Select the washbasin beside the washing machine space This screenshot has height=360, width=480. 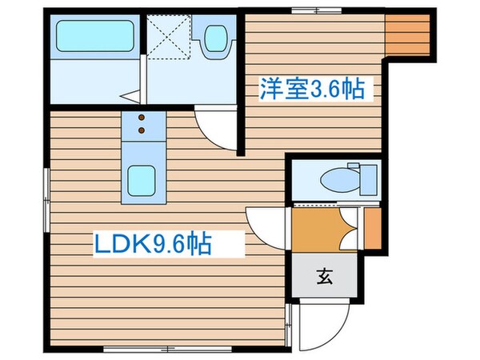pyautogui.click(x=214, y=38)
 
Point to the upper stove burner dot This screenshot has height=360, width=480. pyautogui.click(x=143, y=118)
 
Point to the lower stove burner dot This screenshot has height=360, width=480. pyautogui.click(x=143, y=130)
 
